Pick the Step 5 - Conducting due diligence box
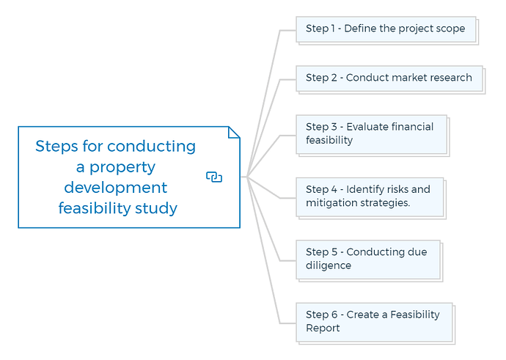pos(369,260)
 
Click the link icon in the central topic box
pos(214,177)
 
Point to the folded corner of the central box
pos(234,132)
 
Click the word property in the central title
pos(122,168)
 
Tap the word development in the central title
pos(116,188)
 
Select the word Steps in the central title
pos(56,147)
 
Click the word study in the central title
pos(156,208)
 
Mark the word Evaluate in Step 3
pos(366,127)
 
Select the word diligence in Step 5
pos(329,266)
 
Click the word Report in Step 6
pos(323,328)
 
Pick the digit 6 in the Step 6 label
pos(334,315)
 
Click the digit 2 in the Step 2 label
pos(334,78)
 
